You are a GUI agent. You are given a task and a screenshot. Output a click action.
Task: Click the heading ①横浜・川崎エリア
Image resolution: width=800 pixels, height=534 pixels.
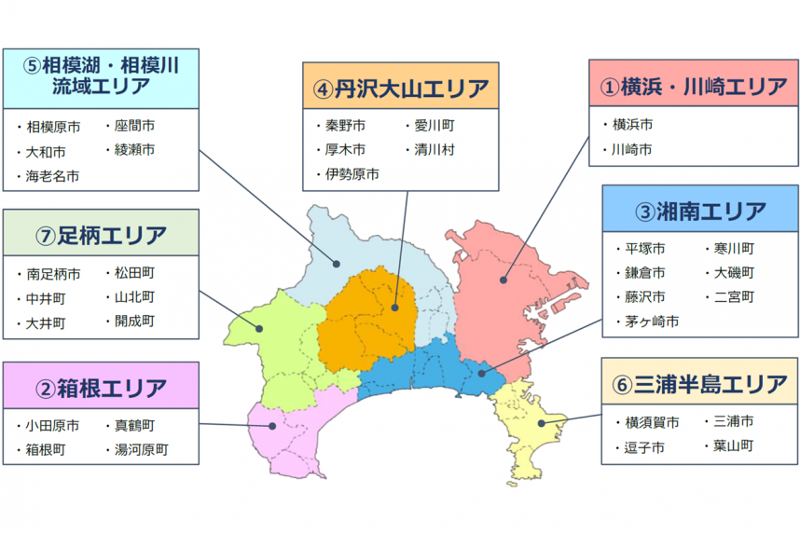click(x=693, y=87)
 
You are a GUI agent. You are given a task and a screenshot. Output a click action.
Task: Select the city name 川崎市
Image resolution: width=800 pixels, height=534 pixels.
click(x=631, y=149)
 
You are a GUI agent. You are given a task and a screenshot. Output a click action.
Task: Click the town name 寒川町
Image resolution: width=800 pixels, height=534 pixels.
click(x=734, y=249)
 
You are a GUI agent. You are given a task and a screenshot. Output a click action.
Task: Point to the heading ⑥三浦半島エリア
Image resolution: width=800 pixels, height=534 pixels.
click(x=700, y=383)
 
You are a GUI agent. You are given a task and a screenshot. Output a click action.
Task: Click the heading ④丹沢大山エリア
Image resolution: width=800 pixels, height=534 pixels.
click(x=401, y=89)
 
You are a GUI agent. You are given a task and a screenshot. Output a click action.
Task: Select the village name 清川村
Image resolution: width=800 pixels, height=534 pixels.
click(x=433, y=149)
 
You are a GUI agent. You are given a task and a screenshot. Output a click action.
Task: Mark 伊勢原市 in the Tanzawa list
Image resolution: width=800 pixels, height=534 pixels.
click(x=351, y=174)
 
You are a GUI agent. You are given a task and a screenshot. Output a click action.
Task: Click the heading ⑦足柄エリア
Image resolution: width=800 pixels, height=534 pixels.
click(x=101, y=234)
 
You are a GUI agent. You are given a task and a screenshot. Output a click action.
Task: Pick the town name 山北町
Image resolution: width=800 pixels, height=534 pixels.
click(x=134, y=297)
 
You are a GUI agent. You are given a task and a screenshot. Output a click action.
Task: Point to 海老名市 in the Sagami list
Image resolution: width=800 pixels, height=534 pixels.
click(x=52, y=175)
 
